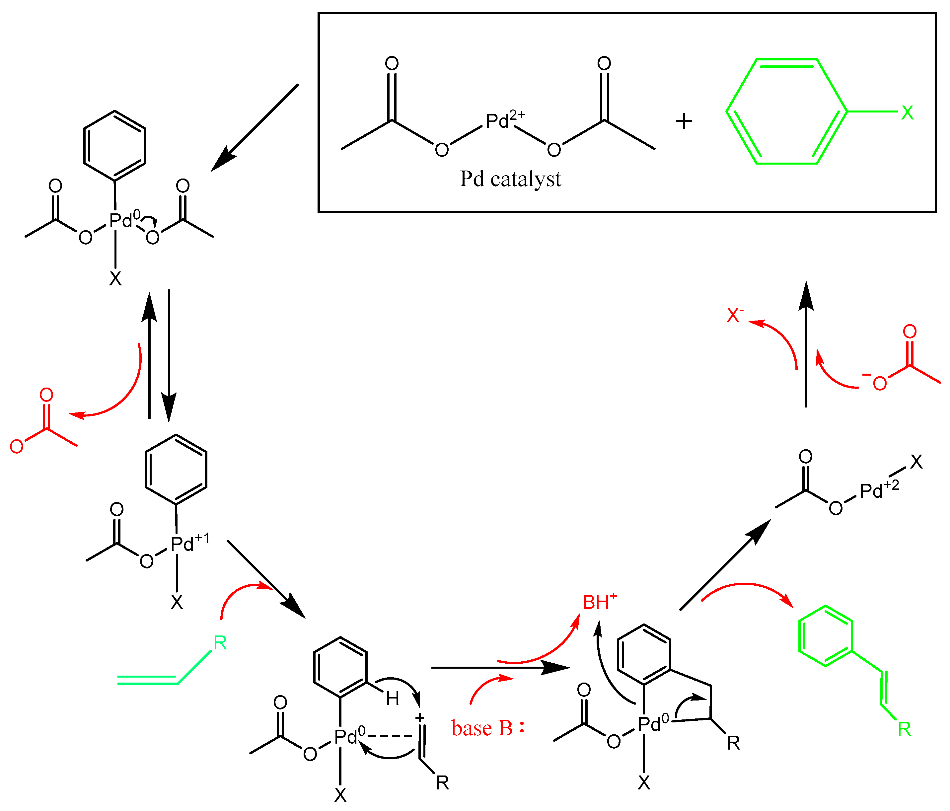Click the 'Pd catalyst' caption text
[x=510, y=179]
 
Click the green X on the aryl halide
[x=907, y=112]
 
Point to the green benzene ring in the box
[x=786, y=111]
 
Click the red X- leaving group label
[x=734, y=316]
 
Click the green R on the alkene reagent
[x=220, y=643]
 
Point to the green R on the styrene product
[x=904, y=729]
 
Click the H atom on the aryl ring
[x=393, y=699]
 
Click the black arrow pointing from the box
[x=255, y=127]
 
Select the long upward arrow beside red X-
[x=806, y=344]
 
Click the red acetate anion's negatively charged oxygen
[x=879, y=383]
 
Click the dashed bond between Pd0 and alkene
[x=390, y=736]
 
